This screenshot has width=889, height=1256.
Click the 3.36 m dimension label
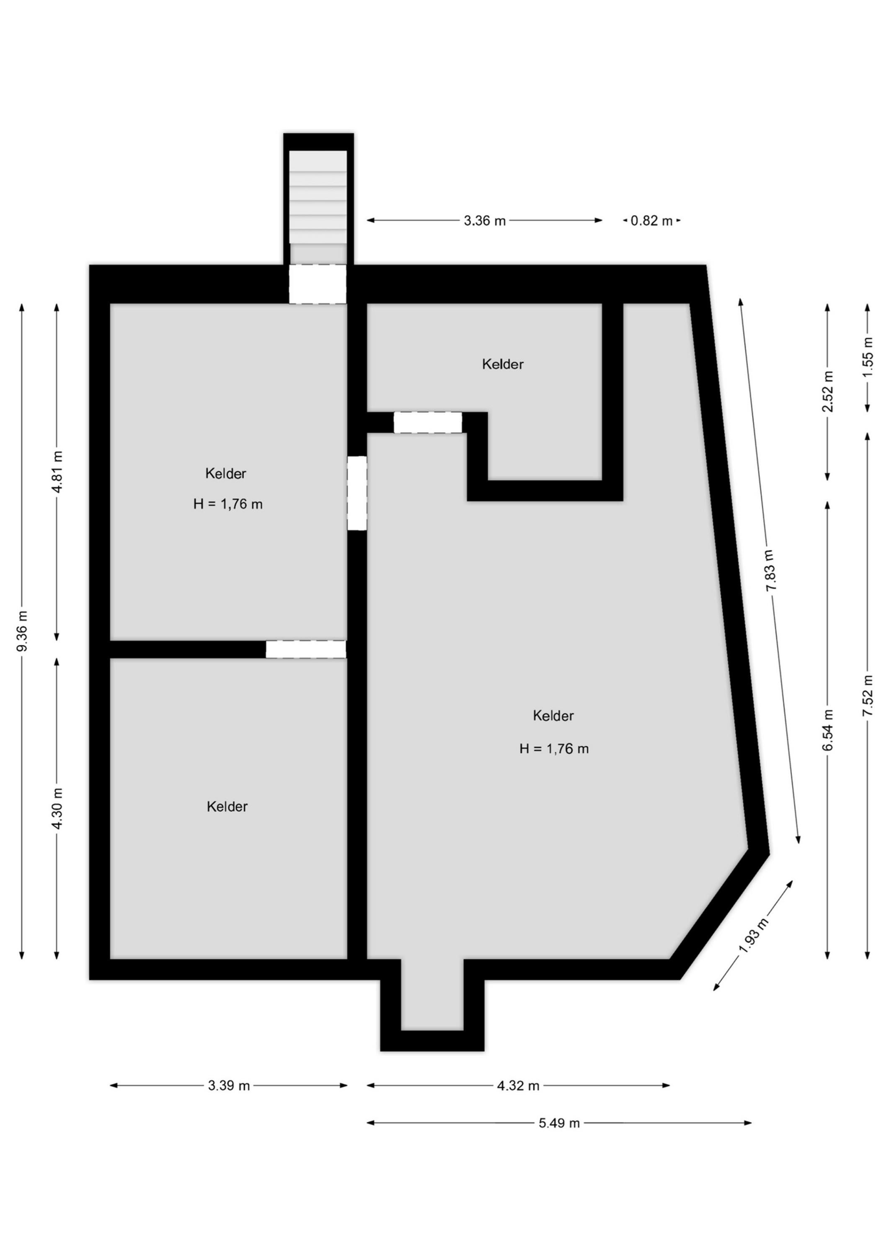(484, 221)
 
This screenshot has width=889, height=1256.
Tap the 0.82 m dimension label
(651, 221)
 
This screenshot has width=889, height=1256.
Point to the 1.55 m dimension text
(868, 357)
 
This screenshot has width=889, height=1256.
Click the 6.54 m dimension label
(828, 730)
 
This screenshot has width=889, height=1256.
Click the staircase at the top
(318, 198)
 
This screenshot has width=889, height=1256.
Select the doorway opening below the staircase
(318, 284)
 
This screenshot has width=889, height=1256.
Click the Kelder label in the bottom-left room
(227, 807)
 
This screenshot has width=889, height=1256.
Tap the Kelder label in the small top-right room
(503, 364)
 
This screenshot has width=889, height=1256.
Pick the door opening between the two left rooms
(306, 649)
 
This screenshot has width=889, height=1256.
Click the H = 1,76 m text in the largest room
(554, 749)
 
